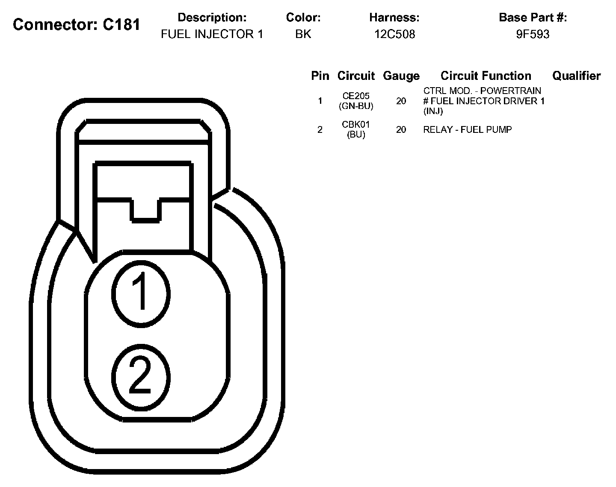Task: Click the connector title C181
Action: (77, 25)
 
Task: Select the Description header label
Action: (212, 18)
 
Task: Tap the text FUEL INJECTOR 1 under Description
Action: (212, 34)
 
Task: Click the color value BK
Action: (303, 34)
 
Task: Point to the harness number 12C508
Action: (395, 34)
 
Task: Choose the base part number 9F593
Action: (533, 34)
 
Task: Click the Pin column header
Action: (320, 76)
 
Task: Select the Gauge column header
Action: (401, 76)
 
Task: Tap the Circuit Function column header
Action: (486, 76)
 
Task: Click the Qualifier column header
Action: (576, 76)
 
